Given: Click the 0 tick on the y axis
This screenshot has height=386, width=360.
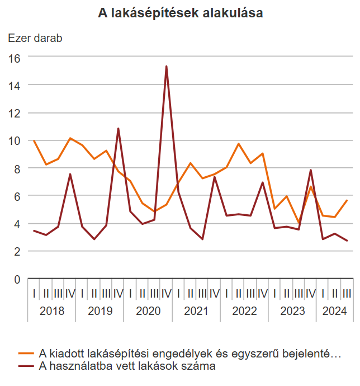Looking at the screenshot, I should [17, 279].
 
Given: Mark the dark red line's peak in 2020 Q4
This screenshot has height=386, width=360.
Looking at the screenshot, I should [166, 67].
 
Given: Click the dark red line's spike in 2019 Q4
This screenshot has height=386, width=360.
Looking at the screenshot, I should [118, 129].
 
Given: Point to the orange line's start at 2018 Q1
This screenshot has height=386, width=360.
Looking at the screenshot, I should [34, 141].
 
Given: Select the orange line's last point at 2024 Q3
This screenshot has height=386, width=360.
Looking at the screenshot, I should [347, 201].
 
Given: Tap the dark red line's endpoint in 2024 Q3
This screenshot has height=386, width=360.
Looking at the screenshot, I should [347, 241].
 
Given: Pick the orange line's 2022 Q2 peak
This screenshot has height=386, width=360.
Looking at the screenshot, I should [239, 144].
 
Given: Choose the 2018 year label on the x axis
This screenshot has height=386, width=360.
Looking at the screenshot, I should [52, 311].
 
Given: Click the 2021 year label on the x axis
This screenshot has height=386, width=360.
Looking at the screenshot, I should [196, 311].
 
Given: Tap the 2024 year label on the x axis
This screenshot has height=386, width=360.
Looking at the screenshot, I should [335, 311].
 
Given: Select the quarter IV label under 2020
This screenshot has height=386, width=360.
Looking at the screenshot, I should [167, 293].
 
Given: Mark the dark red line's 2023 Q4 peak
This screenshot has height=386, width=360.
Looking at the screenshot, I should [311, 170].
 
